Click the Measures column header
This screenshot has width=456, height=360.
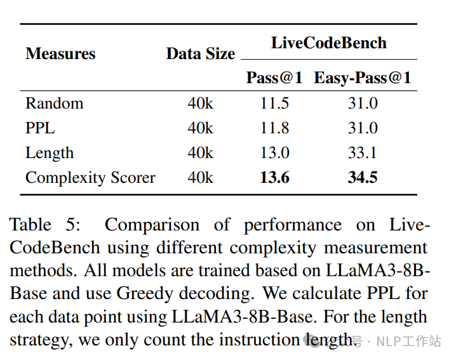click(60, 53)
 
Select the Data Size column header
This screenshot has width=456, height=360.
click(201, 54)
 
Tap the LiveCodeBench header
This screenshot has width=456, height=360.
click(328, 43)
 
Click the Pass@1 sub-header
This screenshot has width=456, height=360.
click(274, 78)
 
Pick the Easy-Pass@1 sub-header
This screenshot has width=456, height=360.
click(363, 78)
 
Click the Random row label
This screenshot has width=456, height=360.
click(54, 103)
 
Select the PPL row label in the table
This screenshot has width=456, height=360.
click(40, 128)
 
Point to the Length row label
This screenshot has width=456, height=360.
click(50, 153)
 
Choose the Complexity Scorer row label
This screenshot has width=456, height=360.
click(90, 178)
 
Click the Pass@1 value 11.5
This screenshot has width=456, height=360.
click(274, 103)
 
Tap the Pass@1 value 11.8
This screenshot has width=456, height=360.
click(274, 128)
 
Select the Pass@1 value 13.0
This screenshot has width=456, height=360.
click(274, 153)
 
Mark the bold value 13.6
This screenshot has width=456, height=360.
click(274, 178)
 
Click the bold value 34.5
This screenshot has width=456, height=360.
click(363, 178)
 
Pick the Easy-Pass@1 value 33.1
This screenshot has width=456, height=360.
click(363, 153)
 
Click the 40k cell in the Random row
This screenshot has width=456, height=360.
click(201, 103)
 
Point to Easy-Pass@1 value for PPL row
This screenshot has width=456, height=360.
click(363, 128)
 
